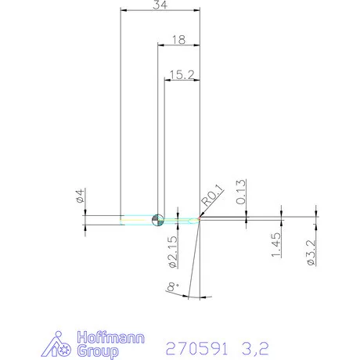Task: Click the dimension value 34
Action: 160,5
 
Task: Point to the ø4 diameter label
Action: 81,196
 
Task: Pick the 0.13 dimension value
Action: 242,192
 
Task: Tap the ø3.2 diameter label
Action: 311,253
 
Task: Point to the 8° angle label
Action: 172,289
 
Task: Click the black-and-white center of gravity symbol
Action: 158,220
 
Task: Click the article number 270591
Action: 196,347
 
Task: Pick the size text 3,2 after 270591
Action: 262,347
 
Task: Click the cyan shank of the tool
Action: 137,220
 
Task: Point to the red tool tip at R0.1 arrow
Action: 200,220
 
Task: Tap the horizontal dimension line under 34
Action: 160,12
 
